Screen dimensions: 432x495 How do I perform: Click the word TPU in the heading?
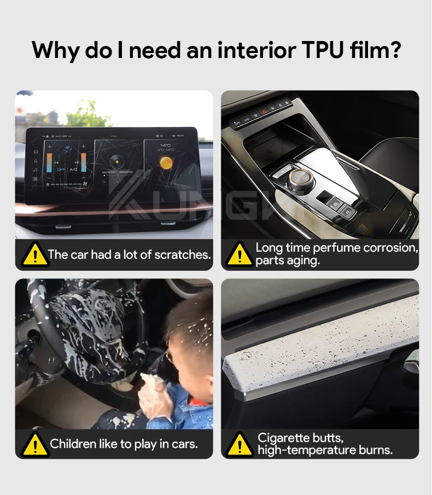pos(323,50)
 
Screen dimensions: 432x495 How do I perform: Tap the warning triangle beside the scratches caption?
pos(35,254)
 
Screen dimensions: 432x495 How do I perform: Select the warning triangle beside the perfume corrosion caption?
pos(240,254)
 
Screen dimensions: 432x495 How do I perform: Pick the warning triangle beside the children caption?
pos(35,445)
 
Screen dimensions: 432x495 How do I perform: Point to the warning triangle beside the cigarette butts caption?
pos(240,445)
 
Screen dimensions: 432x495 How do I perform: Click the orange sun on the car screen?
pos(166,163)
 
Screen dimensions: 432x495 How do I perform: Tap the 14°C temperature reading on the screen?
pos(165,145)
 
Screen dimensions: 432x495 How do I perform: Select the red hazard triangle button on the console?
pos(265,111)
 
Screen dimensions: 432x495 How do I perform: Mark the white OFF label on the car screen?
pos(61,170)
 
